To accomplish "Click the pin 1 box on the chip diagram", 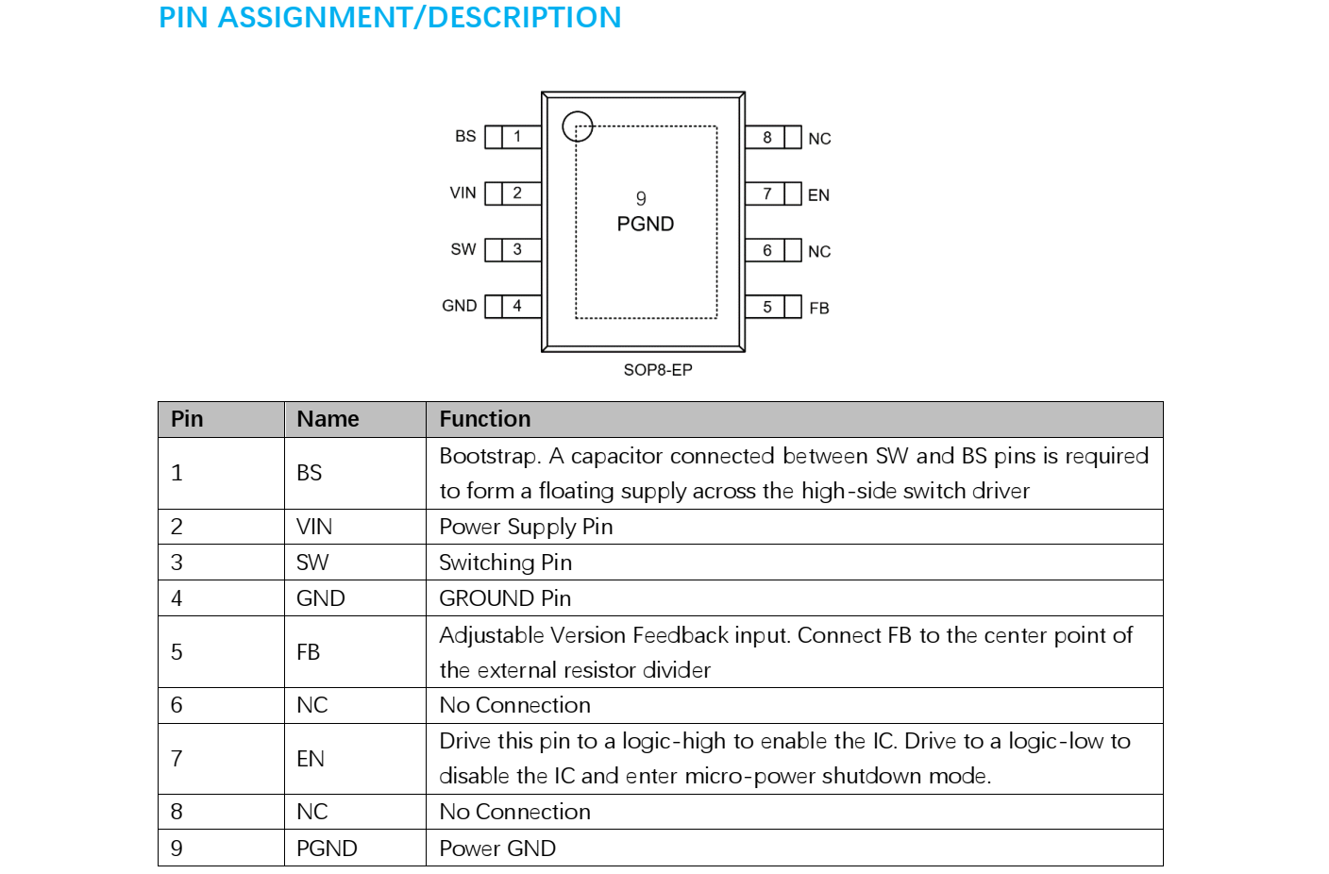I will click(517, 137).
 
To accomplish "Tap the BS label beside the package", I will click(465, 137).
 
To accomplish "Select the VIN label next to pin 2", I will click(463, 193).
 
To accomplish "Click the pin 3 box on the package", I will click(517, 250).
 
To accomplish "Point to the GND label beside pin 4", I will click(459, 306).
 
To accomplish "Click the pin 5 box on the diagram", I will click(767, 307).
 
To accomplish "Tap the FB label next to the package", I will click(818, 309).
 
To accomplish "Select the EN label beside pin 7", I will click(818, 195).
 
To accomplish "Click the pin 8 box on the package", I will click(767, 138).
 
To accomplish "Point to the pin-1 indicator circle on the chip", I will click(578, 126).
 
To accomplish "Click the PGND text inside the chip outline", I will click(646, 225).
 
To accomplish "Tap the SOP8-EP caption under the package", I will click(658, 370).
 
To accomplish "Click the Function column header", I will click(485, 419).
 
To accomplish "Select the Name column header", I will click(328, 419).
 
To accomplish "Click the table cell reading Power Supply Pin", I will click(526, 527).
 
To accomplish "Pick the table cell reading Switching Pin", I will click(505, 563).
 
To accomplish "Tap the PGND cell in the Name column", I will click(327, 849).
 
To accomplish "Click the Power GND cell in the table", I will click(497, 849).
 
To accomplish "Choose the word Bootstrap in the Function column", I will click(489, 457).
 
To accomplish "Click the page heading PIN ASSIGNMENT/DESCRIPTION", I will click(390, 18).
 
